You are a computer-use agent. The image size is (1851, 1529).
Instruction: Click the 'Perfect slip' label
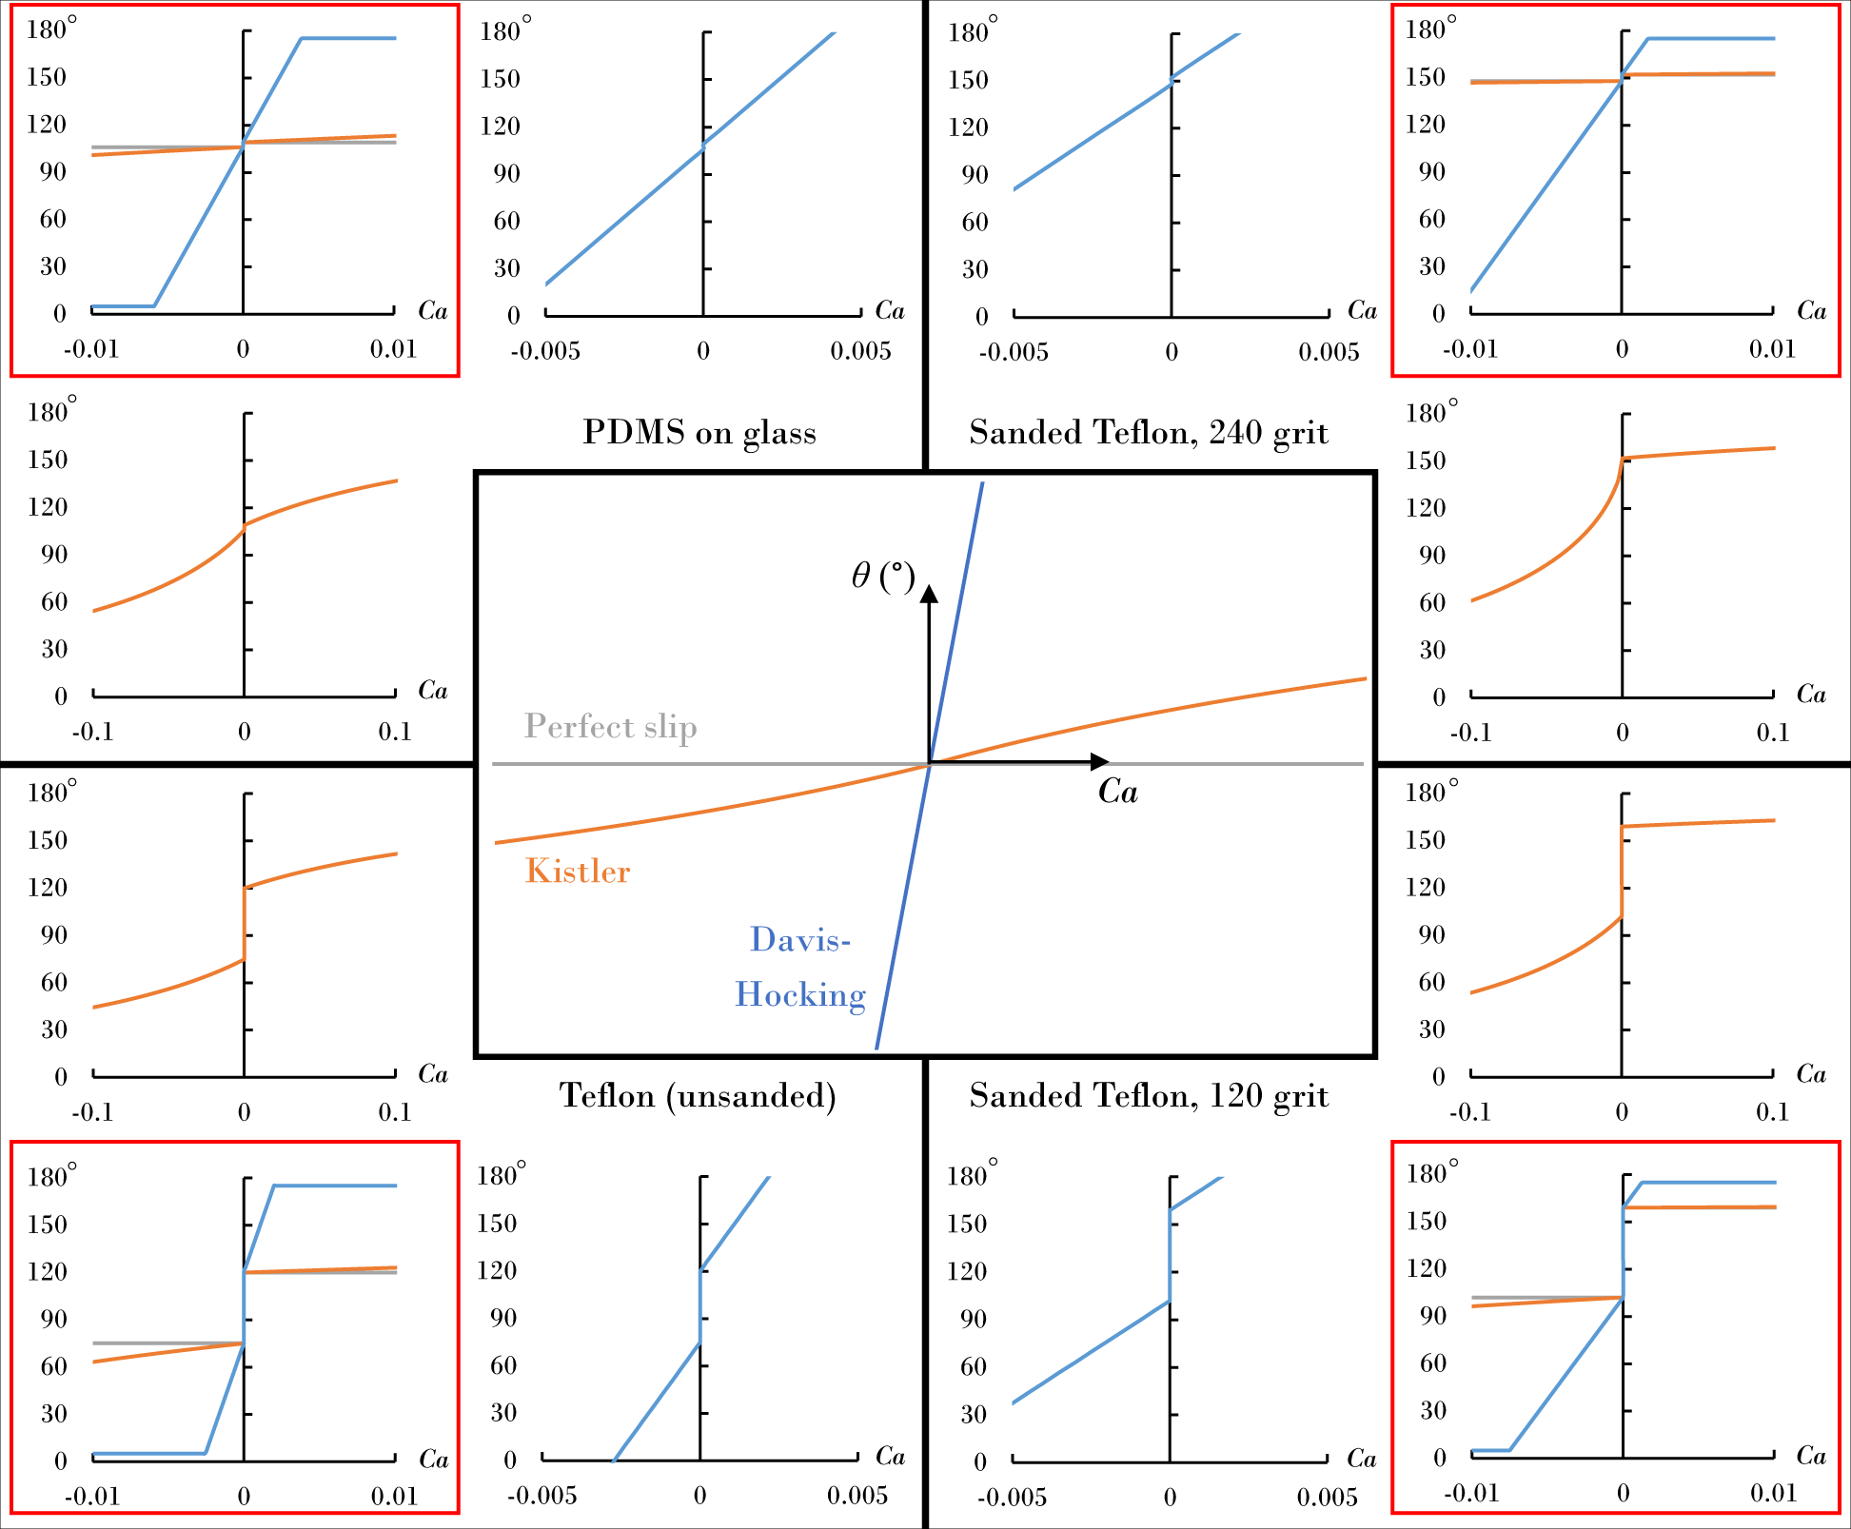pos(610,727)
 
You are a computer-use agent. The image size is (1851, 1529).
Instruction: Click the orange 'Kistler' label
pos(578,872)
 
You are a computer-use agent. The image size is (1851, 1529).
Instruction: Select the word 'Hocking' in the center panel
pos(800,994)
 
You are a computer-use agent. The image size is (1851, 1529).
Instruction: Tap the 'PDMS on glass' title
pos(699,433)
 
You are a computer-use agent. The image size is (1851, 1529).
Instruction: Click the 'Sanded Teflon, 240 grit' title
pos(1149,433)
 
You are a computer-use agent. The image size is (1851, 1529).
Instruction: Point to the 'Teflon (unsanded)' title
pos(698,1096)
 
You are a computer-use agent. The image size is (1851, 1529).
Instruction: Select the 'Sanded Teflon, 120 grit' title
pos(1149,1096)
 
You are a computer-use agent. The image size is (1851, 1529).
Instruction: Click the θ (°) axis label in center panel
pos(882,576)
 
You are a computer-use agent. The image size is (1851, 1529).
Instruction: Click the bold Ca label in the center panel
pos(1117,792)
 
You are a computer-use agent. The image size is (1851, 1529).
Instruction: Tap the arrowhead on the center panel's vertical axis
pos(930,594)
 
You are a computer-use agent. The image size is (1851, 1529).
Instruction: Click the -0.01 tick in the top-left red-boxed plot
pos(91,349)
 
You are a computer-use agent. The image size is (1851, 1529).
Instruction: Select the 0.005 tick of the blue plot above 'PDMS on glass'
pos(860,351)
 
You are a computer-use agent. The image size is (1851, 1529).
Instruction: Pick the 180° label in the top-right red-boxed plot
pos(1430,29)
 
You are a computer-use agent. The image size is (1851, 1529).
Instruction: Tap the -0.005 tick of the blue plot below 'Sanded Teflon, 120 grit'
pos(1012,1497)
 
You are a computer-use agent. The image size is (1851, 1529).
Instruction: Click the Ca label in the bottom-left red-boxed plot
pos(434,1460)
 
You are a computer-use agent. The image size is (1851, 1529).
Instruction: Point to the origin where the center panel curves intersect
pos(930,763)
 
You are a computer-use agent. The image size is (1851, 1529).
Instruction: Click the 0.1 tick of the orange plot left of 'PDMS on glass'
pos(395,732)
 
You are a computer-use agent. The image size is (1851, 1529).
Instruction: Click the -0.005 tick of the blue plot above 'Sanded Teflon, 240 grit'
pos(1014,352)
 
